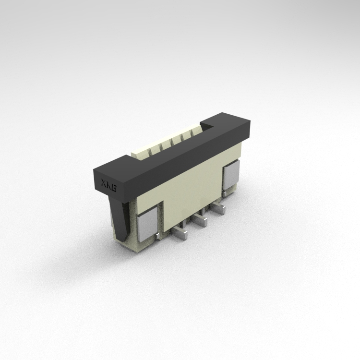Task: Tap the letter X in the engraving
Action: pos(104,183)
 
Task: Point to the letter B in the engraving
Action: pos(114,188)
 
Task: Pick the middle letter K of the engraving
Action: pos(109,185)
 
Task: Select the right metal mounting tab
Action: pos(231,175)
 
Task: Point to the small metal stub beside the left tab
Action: pos(157,236)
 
